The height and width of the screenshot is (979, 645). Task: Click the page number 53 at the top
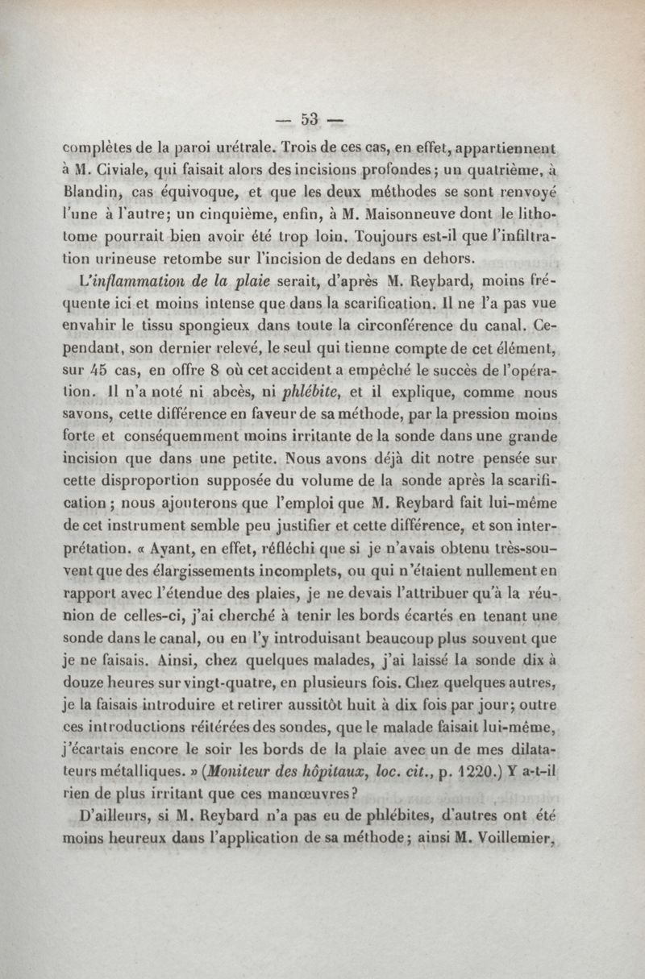(307, 121)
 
